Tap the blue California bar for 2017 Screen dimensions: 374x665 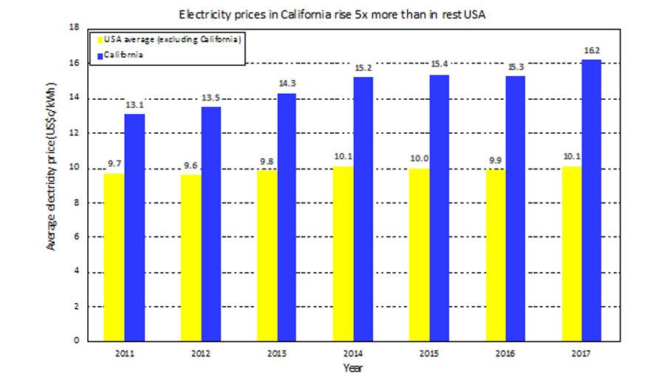click(x=590, y=200)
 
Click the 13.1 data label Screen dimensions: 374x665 click(x=134, y=106)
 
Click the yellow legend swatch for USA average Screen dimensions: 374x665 click(x=95, y=38)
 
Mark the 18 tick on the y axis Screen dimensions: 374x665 click(x=74, y=27)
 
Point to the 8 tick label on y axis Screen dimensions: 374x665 click(x=76, y=202)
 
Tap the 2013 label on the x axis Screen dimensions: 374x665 click(x=277, y=352)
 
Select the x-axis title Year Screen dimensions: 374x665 click(x=353, y=367)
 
